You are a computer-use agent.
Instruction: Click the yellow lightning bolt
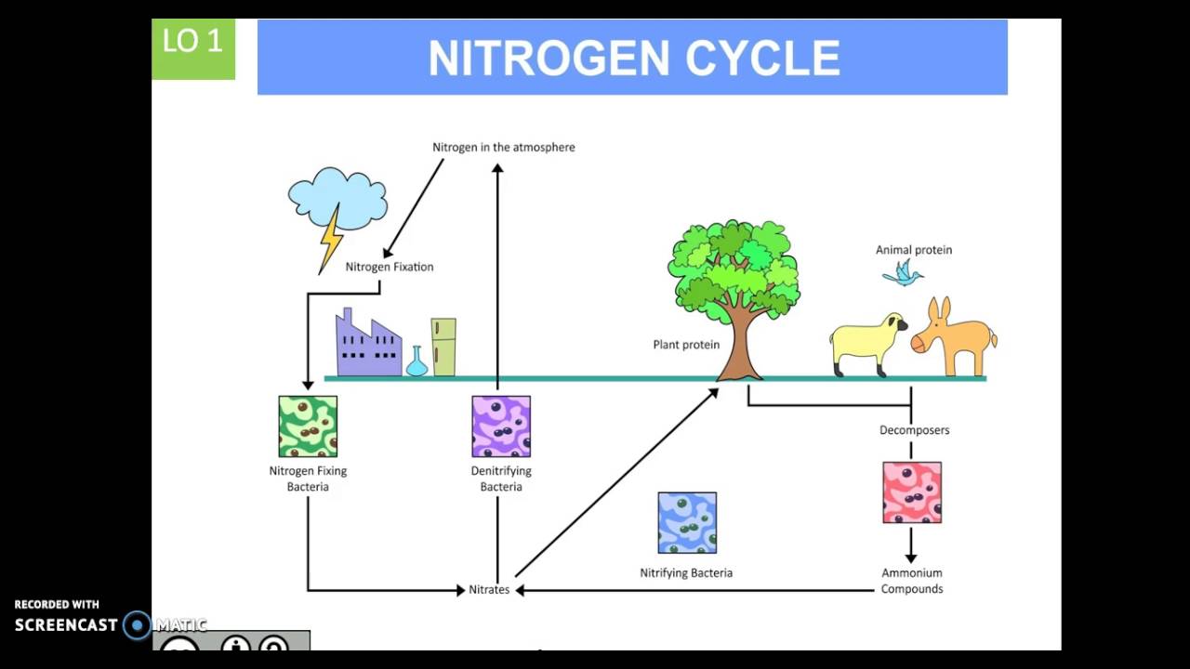[x=330, y=238]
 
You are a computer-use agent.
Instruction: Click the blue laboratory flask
[x=416, y=363]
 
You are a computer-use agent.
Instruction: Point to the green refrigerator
[x=443, y=348]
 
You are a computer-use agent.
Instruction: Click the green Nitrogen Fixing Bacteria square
[x=308, y=426]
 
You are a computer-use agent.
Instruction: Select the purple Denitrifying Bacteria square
[x=501, y=426]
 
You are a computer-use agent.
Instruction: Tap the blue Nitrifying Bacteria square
[x=687, y=523]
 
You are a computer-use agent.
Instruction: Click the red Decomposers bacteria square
[x=912, y=492]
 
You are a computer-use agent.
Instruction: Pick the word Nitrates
[x=489, y=590]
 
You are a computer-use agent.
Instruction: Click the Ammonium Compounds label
[x=912, y=581]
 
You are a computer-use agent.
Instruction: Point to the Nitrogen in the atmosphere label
[x=504, y=147]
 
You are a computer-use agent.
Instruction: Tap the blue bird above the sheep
[x=902, y=273]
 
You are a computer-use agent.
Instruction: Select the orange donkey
[x=954, y=337]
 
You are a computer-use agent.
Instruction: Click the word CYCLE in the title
[x=762, y=59]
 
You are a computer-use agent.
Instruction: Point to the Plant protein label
[x=686, y=345]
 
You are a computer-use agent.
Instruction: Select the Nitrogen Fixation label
[x=390, y=267]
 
